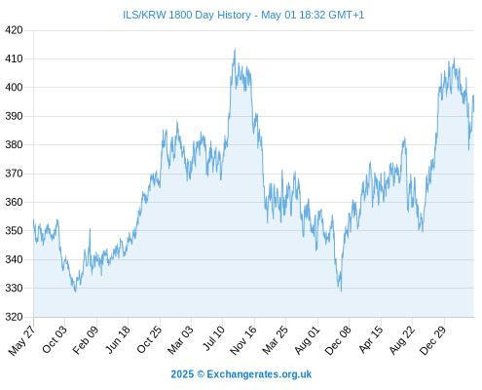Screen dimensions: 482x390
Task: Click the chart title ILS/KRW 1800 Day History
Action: click(x=187, y=15)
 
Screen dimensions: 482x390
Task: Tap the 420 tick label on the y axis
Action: click(x=14, y=30)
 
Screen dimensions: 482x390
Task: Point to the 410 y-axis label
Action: click(x=14, y=58)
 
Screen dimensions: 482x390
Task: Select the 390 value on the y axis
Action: click(x=14, y=116)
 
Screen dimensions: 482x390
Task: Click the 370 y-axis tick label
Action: click(x=14, y=174)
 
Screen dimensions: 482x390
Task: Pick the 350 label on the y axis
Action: click(x=14, y=231)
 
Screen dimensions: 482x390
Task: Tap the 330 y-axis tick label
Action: click(x=14, y=288)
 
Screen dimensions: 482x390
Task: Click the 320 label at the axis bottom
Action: click(x=14, y=317)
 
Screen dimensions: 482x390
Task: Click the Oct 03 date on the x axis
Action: click(x=55, y=339)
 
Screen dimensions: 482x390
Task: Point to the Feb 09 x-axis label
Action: click(x=86, y=339)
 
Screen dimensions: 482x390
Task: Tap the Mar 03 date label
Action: click(x=181, y=339)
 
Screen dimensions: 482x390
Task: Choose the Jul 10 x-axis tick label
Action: click(x=213, y=338)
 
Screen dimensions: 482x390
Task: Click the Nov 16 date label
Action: click(x=243, y=339)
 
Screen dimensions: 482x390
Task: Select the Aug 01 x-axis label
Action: click(x=307, y=339)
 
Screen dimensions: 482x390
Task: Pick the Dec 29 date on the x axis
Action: click(x=433, y=339)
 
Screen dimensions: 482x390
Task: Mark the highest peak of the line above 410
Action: click(x=235, y=50)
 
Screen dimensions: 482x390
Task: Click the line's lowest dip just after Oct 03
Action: click(x=75, y=292)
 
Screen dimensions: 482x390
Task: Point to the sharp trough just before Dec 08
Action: click(x=341, y=291)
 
